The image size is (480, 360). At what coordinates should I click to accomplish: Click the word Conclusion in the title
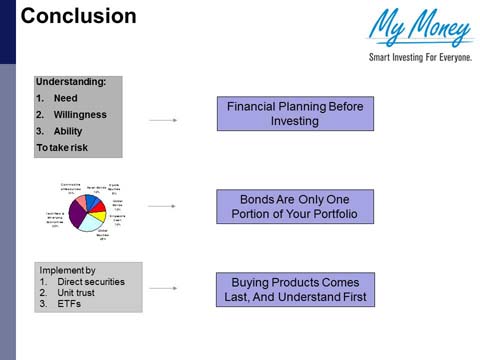pyautogui.click(x=65, y=16)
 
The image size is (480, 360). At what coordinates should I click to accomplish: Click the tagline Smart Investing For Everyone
pyautogui.click(x=420, y=56)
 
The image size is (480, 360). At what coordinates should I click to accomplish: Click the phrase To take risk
pyautogui.click(x=66, y=147)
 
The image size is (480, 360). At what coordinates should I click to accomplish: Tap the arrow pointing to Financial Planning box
pyautogui.click(x=162, y=119)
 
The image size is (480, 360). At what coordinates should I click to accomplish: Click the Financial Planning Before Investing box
pyautogui.click(x=294, y=113)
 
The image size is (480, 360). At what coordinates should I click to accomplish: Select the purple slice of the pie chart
pyautogui.click(x=77, y=213)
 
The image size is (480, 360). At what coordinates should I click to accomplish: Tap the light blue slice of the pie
pyautogui.click(x=91, y=222)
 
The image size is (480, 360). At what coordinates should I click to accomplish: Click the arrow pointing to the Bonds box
pyautogui.click(x=162, y=206)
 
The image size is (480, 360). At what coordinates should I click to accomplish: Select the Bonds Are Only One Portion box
pyautogui.click(x=294, y=206)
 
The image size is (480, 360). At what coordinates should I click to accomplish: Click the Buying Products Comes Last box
pyautogui.click(x=294, y=289)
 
